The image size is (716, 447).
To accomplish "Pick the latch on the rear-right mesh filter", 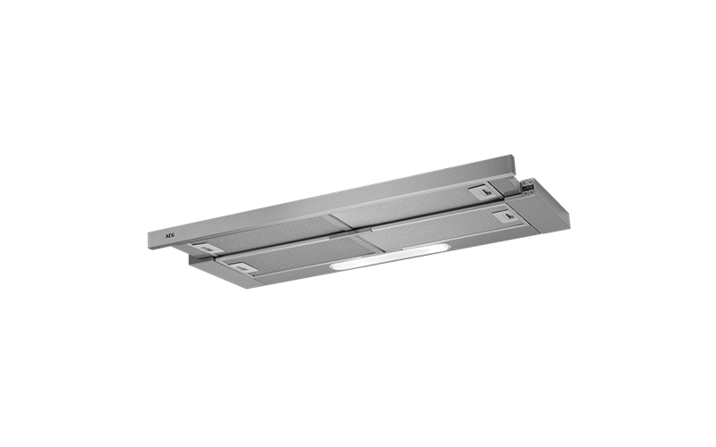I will (x=484, y=190).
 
